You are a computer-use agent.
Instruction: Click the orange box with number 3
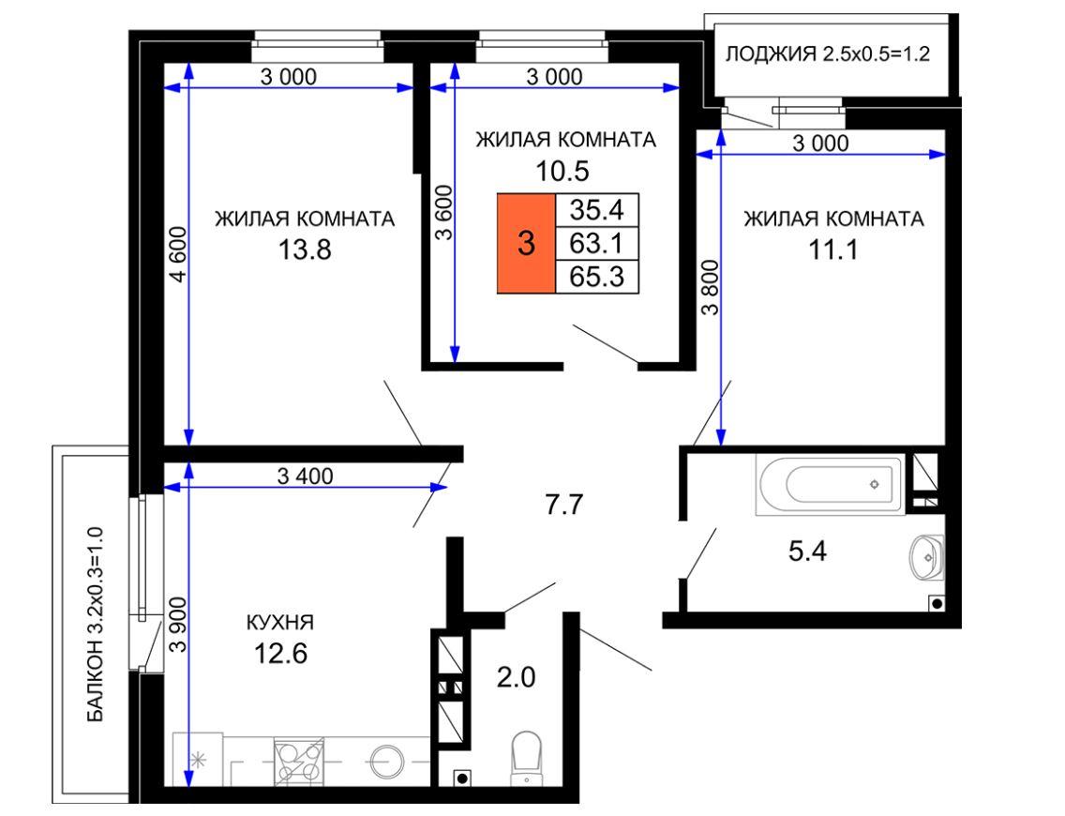526,243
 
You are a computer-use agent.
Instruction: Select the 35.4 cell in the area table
597,210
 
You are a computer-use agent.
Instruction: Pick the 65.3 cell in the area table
597,277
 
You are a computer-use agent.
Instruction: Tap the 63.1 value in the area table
597,243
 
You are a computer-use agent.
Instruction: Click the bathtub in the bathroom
830,485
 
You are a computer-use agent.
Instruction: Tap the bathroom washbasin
926,557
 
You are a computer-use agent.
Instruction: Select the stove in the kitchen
298,762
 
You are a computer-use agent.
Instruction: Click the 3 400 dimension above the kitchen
305,476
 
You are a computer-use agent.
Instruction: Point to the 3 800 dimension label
709,287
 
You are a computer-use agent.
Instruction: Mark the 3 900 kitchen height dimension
177,624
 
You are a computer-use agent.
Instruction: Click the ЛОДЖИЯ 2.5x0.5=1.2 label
827,53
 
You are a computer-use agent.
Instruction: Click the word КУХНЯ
279,622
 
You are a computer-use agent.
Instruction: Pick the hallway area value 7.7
564,505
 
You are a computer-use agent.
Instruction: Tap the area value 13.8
305,249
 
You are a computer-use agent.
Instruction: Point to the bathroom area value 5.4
807,551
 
